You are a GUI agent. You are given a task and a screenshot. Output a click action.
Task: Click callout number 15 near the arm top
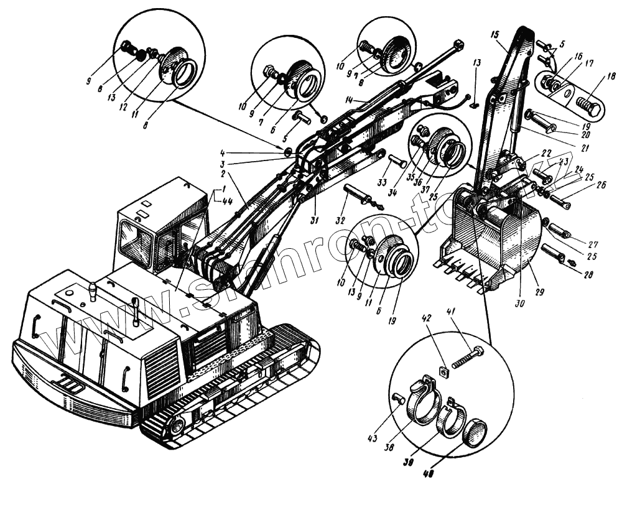(x=494, y=34)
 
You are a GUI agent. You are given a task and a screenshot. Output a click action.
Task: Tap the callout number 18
(x=611, y=78)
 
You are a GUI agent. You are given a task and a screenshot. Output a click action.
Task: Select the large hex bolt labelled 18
(x=588, y=106)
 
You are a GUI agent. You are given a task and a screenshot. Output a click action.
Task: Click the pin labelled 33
(x=398, y=162)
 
